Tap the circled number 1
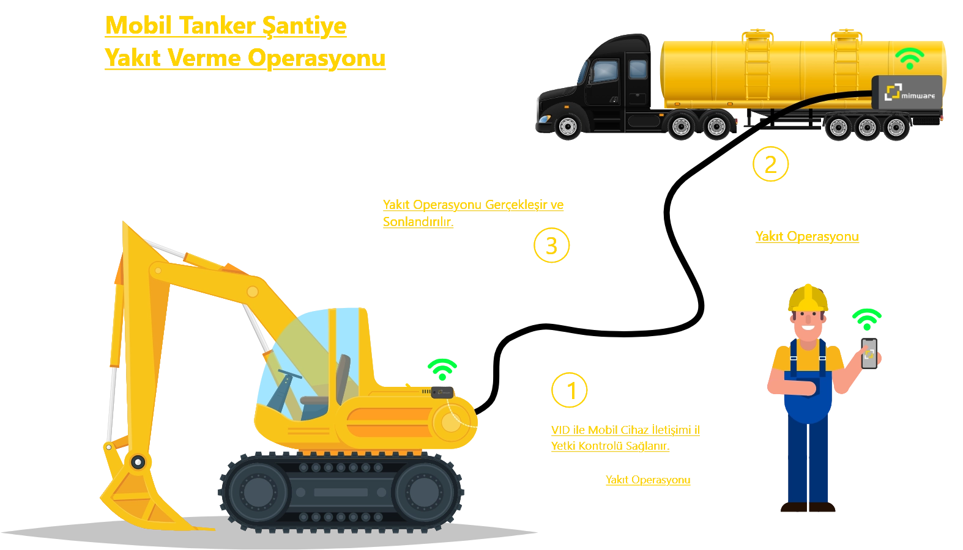pos(569,390)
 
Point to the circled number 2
pos(770,164)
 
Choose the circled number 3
pos(552,245)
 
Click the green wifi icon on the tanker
pos(910,58)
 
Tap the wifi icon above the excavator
pos(442,369)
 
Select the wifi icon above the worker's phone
pos(867,320)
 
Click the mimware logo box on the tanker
pos(907,92)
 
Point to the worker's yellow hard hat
pos(808,297)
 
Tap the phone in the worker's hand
pos(869,353)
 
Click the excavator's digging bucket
pos(144,495)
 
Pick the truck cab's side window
pos(604,71)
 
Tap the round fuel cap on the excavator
pos(452,422)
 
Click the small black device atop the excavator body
pos(442,392)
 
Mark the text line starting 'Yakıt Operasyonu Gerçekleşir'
pos(474,205)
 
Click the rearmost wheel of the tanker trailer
pos(896,128)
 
